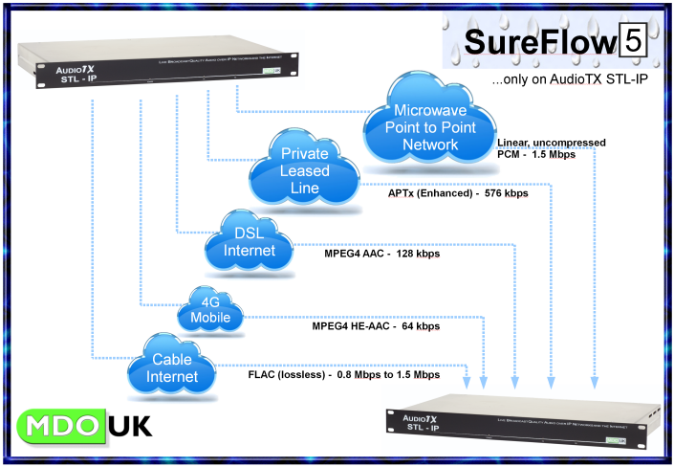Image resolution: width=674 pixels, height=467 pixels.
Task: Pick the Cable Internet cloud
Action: (x=173, y=367)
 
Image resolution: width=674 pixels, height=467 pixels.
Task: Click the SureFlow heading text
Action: (x=540, y=42)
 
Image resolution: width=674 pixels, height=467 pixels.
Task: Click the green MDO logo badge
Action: (x=60, y=425)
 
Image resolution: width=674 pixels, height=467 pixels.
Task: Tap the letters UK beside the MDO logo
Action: (x=129, y=426)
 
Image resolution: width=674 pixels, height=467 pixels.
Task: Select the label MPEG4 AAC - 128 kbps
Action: (x=376, y=254)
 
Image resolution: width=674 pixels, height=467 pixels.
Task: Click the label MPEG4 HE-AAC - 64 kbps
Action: (x=376, y=326)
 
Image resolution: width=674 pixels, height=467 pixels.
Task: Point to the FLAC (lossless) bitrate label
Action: (x=343, y=375)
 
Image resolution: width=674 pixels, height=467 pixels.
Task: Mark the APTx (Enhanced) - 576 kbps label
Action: (x=458, y=193)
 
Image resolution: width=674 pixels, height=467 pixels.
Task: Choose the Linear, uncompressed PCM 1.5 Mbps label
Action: (x=551, y=148)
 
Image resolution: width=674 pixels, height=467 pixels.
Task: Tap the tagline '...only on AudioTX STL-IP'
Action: (x=569, y=82)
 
